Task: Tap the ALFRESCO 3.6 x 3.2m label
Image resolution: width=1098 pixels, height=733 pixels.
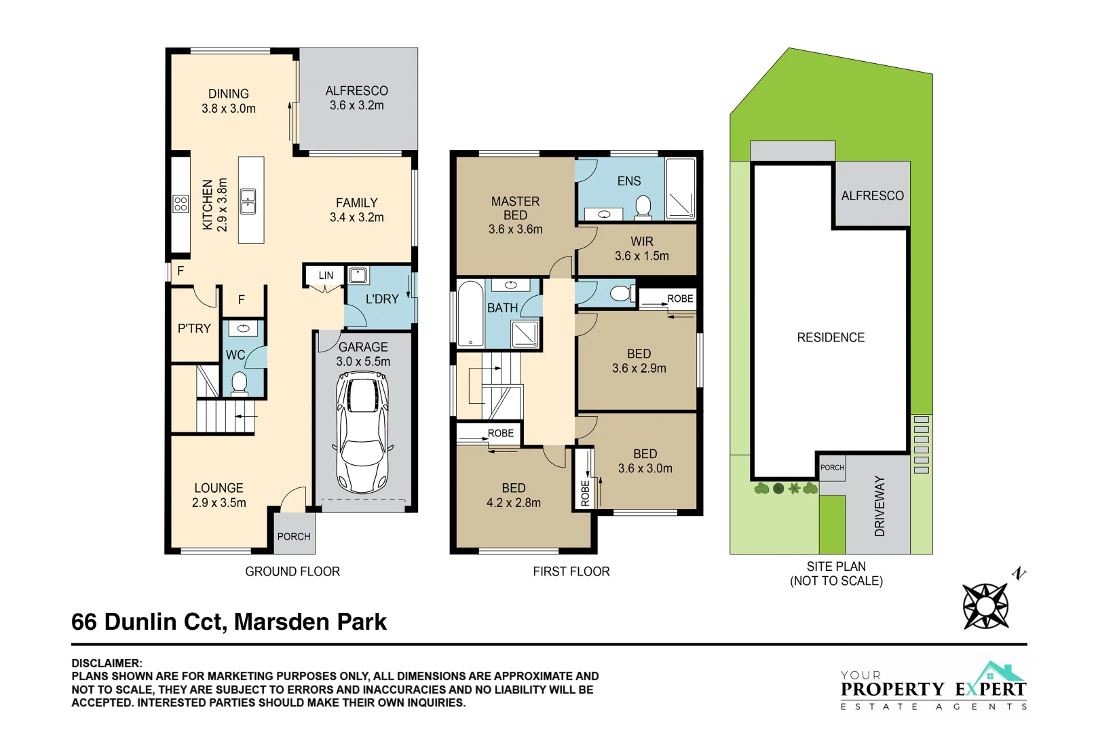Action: [357, 98]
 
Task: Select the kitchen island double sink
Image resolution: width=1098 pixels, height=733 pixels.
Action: [248, 201]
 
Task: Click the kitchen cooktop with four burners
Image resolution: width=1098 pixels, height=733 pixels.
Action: [181, 204]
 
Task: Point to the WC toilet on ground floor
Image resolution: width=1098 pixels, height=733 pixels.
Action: [239, 383]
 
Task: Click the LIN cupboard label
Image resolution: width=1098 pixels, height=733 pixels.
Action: [326, 276]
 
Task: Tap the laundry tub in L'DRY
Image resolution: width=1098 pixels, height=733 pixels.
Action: [358, 276]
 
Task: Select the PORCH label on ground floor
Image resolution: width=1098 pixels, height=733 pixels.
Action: [294, 536]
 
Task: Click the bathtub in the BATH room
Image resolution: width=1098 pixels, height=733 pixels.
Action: [470, 314]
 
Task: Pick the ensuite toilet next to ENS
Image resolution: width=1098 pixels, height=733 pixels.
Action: [643, 206]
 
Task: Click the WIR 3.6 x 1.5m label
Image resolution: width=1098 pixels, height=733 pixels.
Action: [642, 248]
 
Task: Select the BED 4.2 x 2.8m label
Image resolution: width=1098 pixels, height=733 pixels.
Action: [514, 495]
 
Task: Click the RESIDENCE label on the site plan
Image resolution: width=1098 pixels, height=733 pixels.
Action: [831, 337]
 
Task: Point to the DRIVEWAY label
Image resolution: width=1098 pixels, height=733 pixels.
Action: [880, 506]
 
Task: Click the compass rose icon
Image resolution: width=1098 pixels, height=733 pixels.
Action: [985, 605]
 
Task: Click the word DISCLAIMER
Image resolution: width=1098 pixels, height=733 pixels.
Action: [107, 663]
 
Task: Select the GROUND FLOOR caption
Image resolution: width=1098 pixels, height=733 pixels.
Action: [292, 571]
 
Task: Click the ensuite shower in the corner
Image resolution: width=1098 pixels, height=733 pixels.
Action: [681, 188]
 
